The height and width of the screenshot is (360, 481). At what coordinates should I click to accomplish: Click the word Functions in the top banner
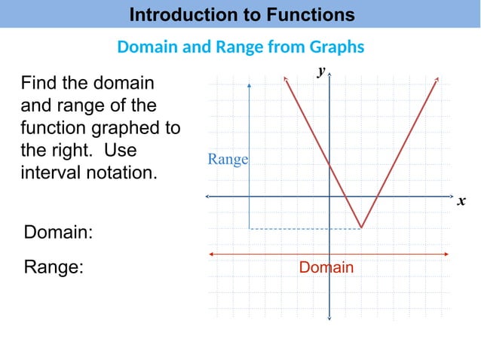pyautogui.click(x=305, y=14)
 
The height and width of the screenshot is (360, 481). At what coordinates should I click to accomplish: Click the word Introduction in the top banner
pyautogui.click(x=178, y=14)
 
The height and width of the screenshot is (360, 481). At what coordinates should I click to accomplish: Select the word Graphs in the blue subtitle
pyautogui.click(x=337, y=47)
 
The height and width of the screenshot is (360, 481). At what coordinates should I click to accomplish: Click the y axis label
pyautogui.click(x=321, y=71)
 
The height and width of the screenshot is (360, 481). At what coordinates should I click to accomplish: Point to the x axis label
pyautogui.click(x=461, y=202)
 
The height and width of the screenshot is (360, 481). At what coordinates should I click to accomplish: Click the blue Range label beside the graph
pyautogui.click(x=228, y=160)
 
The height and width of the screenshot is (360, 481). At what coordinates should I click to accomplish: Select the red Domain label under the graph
pyautogui.click(x=326, y=267)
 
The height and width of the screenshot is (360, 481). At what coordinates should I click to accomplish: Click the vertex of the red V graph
pyautogui.click(x=362, y=227)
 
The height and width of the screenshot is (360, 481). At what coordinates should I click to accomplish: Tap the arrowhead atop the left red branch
pyautogui.click(x=285, y=78)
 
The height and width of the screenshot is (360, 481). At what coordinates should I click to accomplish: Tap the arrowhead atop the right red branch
pyautogui.click(x=437, y=78)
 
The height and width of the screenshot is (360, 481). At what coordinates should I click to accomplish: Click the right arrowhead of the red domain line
pyautogui.click(x=447, y=255)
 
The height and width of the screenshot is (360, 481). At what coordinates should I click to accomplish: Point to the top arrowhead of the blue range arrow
pyautogui.click(x=250, y=81)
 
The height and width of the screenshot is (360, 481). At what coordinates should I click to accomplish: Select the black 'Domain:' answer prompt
pyautogui.click(x=59, y=233)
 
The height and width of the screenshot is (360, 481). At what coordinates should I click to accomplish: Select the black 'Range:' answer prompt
pyautogui.click(x=54, y=267)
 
